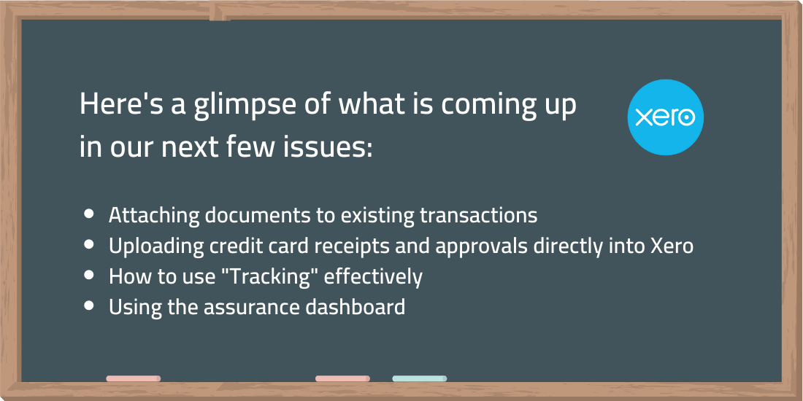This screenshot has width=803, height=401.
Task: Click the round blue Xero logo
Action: (665, 117)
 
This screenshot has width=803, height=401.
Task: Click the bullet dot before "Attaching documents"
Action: (89, 214)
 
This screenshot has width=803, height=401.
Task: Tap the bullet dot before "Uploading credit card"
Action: (89, 244)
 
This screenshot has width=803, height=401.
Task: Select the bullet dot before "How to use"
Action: (89, 275)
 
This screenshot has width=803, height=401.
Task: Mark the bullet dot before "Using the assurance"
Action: (89, 306)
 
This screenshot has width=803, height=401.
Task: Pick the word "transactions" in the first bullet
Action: (478, 215)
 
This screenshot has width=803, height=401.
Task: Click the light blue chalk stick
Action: (420, 378)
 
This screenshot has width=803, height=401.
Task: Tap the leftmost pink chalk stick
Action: (133, 378)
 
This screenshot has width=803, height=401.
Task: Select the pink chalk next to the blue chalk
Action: (342, 378)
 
